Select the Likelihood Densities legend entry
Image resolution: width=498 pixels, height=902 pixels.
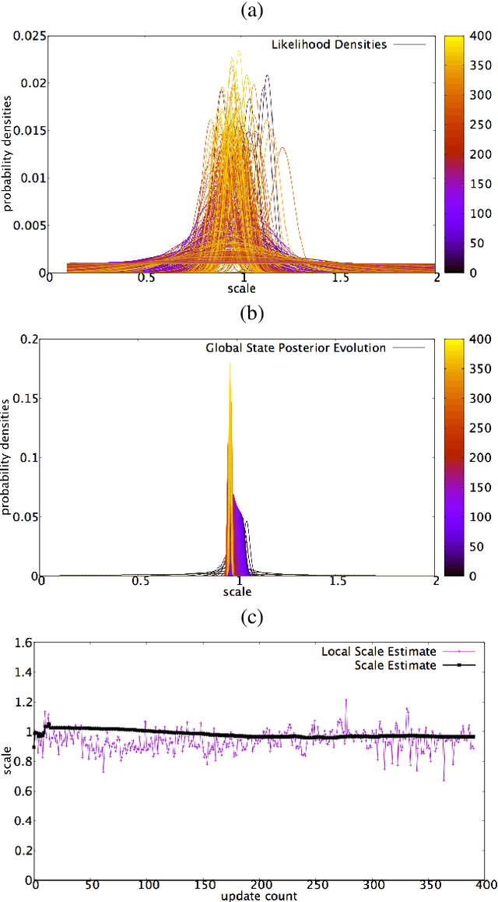tap(328, 44)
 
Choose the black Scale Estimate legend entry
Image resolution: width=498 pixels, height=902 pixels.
tap(395, 665)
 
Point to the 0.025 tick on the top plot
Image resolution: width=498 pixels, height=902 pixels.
tap(30, 35)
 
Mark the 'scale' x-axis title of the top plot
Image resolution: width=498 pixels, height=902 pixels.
tap(243, 289)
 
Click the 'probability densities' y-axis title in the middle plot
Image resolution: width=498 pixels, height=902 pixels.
tap(7, 456)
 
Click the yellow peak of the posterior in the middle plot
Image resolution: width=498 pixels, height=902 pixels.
tap(230, 366)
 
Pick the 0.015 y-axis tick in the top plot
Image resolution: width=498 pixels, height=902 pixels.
tap(30, 130)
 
